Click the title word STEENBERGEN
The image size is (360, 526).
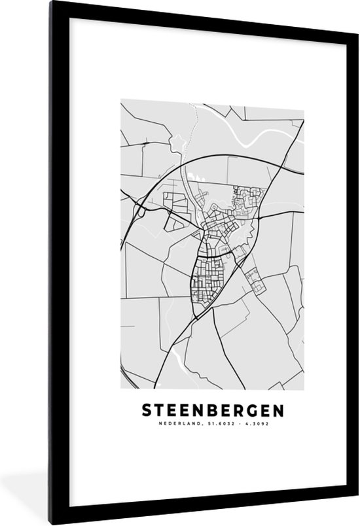[x=213, y=411]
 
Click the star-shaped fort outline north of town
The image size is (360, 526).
[x=175, y=140]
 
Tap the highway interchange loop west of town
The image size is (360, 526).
[x=139, y=209]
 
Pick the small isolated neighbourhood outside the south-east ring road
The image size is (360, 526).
[x=255, y=282]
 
